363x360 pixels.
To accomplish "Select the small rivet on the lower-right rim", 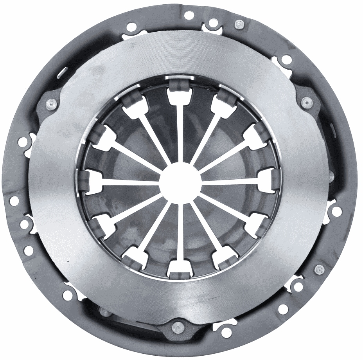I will point(318,269).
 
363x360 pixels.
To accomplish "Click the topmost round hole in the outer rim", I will point(189,16).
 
